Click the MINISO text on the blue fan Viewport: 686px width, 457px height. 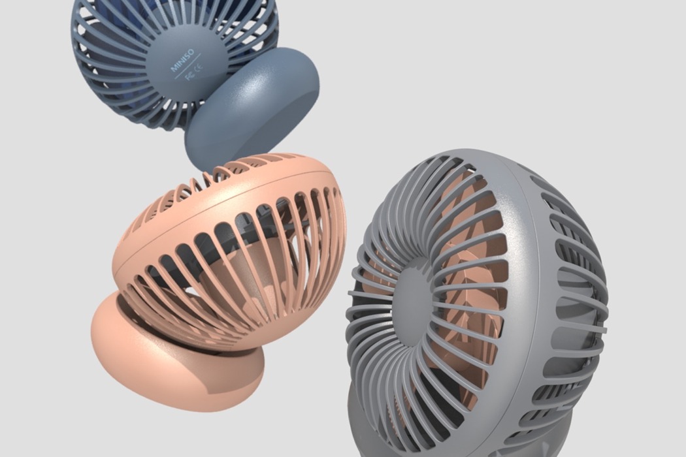[x=182, y=59]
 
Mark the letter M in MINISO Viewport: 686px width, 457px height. [x=174, y=67]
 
